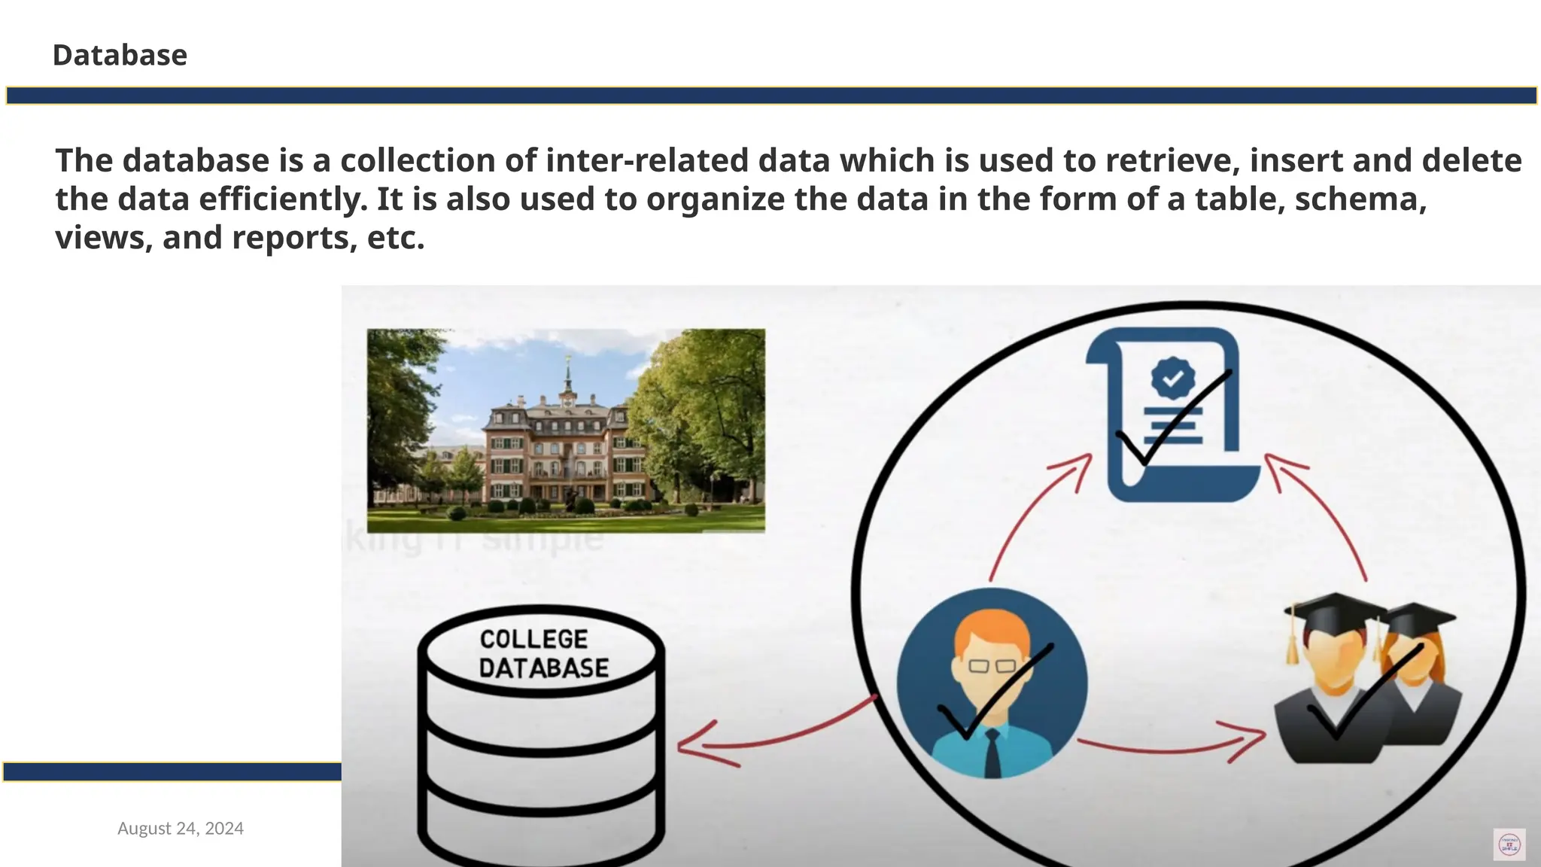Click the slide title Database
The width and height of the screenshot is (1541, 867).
click(x=120, y=55)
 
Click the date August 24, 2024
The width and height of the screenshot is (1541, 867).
click(x=181, y=829)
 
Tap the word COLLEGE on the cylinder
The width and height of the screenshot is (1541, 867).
click(x=533, y=639)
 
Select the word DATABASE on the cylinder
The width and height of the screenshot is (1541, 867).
click(x=543, y=668)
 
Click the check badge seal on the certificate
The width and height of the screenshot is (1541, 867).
click(x=1172, y=378)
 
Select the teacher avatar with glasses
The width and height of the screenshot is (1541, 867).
click(x=992, y=683)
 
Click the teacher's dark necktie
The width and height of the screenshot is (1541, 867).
click(x=993, y=753)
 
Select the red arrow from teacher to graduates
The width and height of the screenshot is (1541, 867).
click(x=1174, y=747)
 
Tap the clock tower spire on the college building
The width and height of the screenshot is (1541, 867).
click(x=567, y=376)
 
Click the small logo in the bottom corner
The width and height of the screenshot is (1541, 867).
click(x=1509, y=844)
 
